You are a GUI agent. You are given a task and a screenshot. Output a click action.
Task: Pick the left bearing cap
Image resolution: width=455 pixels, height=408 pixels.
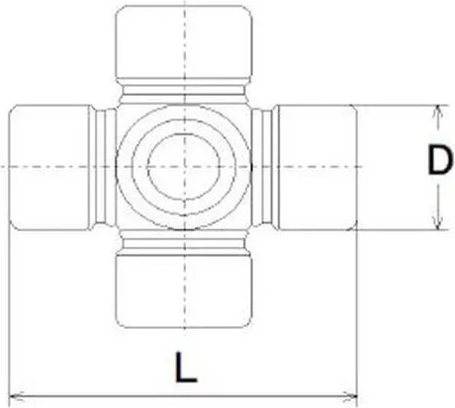[49, 167]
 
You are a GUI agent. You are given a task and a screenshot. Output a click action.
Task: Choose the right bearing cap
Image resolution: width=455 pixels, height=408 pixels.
[317, 167]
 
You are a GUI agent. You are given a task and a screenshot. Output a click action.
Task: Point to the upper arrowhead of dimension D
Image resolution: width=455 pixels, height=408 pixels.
[435, 111]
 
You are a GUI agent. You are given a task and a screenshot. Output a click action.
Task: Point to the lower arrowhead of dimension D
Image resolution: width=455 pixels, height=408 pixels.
[435, 224]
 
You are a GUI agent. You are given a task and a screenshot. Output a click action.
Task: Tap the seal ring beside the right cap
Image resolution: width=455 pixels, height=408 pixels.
[263, 167]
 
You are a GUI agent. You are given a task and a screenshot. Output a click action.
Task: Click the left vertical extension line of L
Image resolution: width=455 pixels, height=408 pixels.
[8, 316]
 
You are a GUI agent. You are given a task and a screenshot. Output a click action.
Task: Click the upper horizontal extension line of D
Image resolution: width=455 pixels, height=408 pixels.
[396, 104]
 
